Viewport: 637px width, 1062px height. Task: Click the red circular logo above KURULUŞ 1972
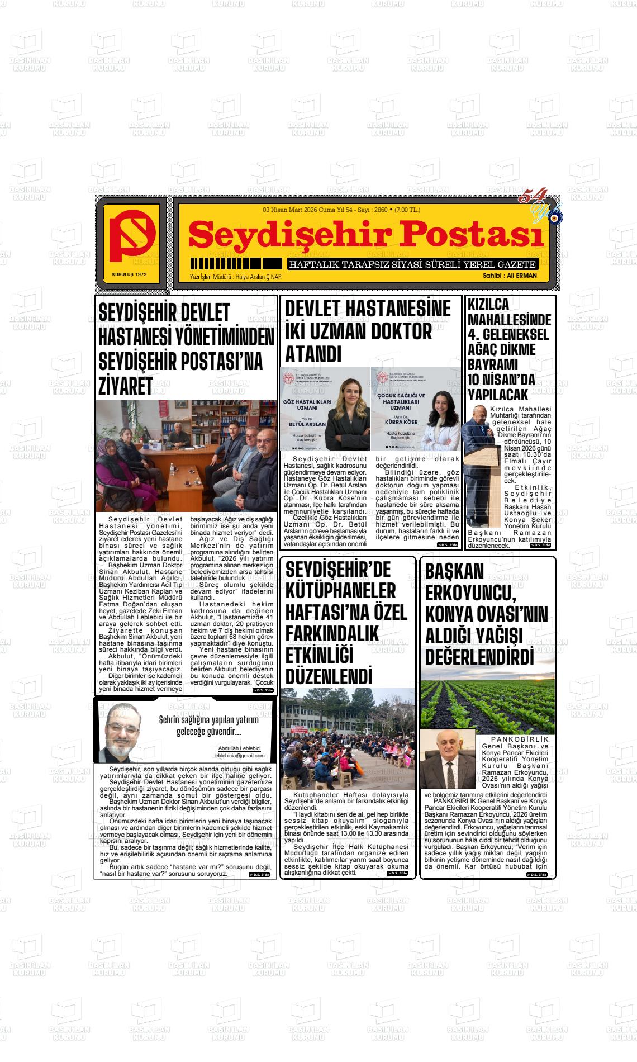(x=132, y=238)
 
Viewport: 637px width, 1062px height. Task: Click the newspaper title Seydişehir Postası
(x=366, y=235)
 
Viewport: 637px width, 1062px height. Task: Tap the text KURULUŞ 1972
(x=129, y=274)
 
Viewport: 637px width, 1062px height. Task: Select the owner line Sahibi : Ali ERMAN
(x=510, y=276)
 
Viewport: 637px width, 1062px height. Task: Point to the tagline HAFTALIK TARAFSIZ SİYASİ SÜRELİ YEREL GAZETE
(x=412, y=264)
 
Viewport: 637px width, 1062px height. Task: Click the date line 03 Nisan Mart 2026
(x=290, y=210)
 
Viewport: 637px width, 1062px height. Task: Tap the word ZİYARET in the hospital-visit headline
(x=126, y=386)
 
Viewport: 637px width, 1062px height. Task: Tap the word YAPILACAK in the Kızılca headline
(x=497, y=395)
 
